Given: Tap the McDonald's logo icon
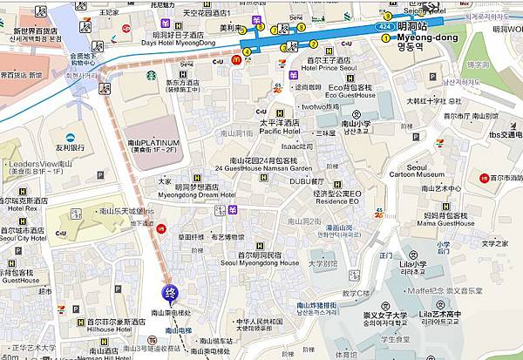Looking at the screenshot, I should [x=236, y=59].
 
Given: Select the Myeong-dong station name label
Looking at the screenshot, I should [x=427, y=38].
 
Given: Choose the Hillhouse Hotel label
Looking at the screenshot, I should [x=111, y=331].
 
